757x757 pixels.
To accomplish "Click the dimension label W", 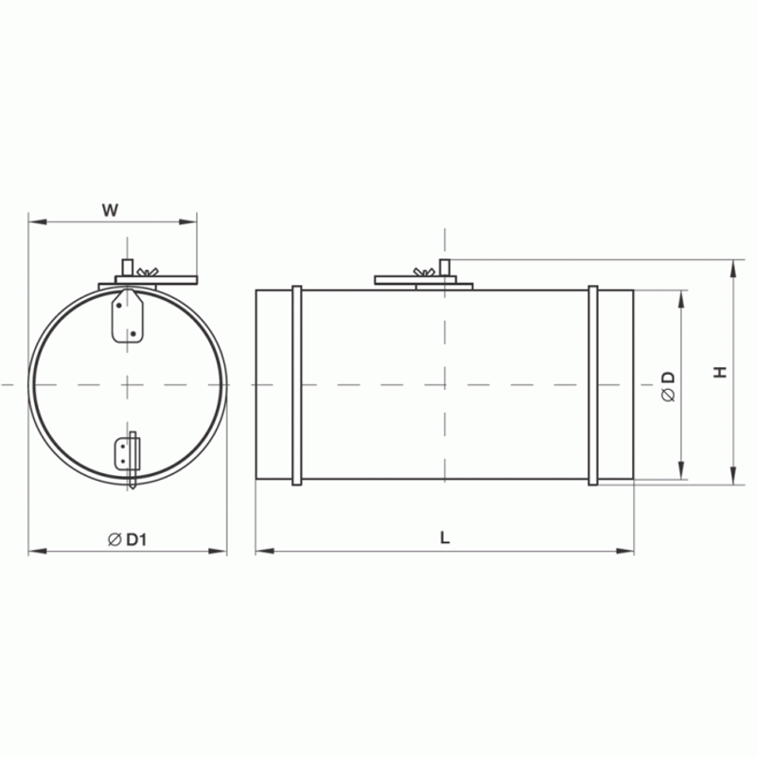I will pos(111,210).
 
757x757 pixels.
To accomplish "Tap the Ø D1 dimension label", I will pos(128,539).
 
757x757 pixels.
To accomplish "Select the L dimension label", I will pos(445,537).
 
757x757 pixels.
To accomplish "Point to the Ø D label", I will pos(668,387).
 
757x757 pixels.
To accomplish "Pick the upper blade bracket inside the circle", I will pos(127,316).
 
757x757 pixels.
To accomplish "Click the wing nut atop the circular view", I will pos(144,273).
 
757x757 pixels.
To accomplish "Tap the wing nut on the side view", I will pos(425,273).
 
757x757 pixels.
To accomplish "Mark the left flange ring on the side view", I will pos(297,385).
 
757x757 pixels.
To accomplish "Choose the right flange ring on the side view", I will pos(593,385).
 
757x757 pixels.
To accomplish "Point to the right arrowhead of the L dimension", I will pos(628,550).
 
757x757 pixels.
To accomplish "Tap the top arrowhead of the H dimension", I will pos(734,266).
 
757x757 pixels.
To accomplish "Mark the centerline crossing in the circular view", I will pos(128,385).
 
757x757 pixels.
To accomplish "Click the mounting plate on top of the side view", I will pos(424,280).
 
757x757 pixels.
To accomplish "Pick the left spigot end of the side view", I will pos(273,385).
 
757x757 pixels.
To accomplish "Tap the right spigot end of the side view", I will pos(616,385).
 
